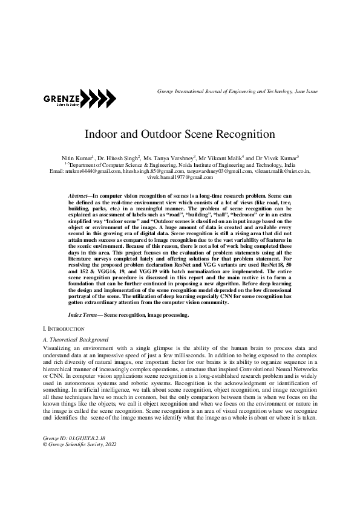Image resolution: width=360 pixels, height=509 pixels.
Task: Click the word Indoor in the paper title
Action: coord(100,133)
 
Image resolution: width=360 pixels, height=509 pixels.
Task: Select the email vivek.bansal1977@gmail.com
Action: coord(180,177)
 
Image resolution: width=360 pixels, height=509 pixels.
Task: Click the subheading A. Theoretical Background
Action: coord(76,341)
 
